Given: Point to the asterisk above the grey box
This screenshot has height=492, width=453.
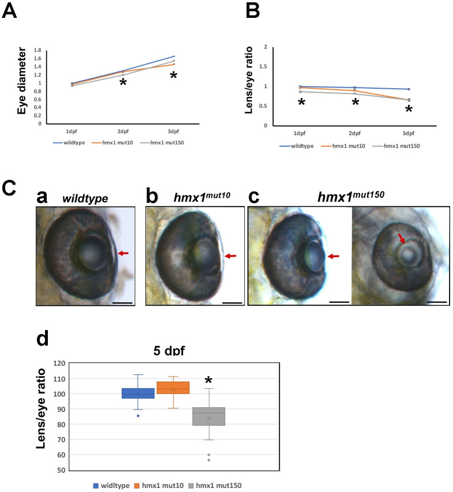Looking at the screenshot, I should coord(209,381).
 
